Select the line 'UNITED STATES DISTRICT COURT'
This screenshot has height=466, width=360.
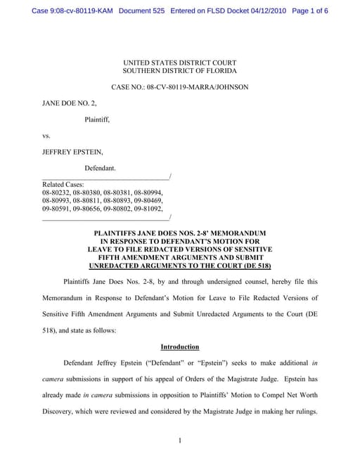tap(179, 62)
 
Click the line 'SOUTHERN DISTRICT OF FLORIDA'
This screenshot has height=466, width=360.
tap(179, 71)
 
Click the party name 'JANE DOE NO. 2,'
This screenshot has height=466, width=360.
tap(67, 103)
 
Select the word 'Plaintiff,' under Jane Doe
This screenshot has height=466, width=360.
tap(97, 119)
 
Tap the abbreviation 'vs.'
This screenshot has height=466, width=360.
tap(46, 136)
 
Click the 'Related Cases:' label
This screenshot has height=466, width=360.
tap(63, 184)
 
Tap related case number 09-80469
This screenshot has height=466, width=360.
tap(148, 200)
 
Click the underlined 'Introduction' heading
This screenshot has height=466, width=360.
tap(179, 347)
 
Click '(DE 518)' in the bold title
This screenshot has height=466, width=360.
tap(252, 266)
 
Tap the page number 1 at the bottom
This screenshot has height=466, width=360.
tap(180, 441)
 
